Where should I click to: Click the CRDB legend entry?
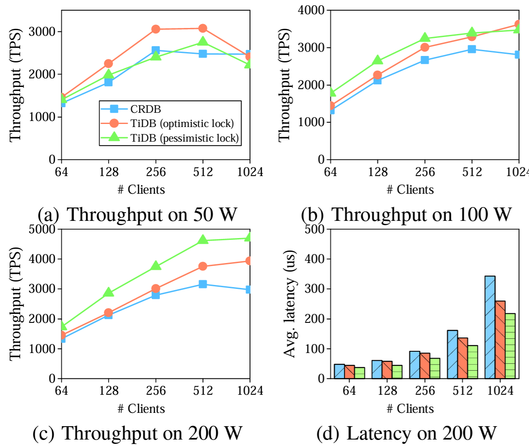click(x=145, y=109)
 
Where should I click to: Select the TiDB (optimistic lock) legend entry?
click(x=182, y=124)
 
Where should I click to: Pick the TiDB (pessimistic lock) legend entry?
click(x=184, y=138)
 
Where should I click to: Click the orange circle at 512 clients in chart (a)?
click(x=203, y=28)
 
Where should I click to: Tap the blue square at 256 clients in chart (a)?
click(x=156, y=51)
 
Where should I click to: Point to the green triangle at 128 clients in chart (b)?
click(x=377, y=60)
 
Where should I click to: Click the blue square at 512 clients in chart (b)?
click(x=472, y=49)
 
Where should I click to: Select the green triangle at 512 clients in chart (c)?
click(x=203, y=240)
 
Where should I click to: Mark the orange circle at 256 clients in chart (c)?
click(x=156, y=288)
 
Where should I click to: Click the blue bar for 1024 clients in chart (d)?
click(x=490, y=327)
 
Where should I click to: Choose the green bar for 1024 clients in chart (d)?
click(x=510, y=346)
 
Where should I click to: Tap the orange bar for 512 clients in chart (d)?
click(x=463, y=358)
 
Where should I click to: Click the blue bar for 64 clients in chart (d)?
click(x=339, y=372)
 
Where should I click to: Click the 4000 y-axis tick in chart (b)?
click(x=312, y=10)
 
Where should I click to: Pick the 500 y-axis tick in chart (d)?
click(x=315, y=229)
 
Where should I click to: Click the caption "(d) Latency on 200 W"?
click(x=406, y=433)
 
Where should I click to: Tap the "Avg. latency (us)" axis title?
click(x=290, y=304)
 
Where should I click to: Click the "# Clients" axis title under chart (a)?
click(x=141, y=190)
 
